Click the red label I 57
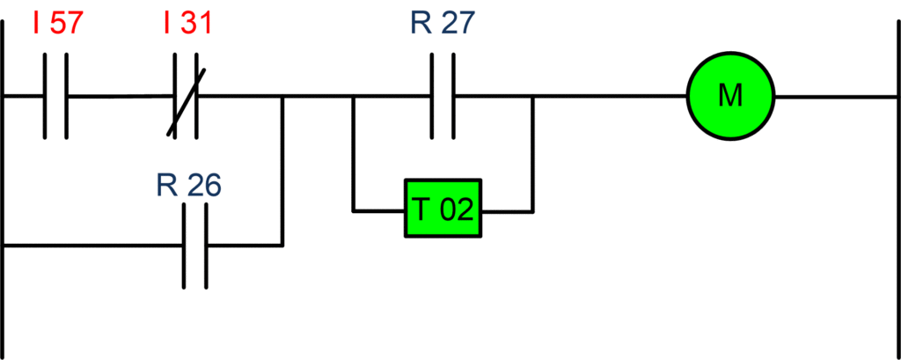pos(56,24)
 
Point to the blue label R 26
pos(188,186)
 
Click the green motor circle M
pos(729,96)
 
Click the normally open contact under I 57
pos(55,96)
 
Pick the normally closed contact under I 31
pos(186,96)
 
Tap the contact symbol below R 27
pos(443,96)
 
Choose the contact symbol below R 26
pos(195,246)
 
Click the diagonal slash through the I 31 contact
pos(187,102)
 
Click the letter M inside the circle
pos(729,96)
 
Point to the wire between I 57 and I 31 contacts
pos(120,96)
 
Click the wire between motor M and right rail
pos(827,96)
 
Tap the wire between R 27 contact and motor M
pos(607,96)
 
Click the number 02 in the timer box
pos(457,211)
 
